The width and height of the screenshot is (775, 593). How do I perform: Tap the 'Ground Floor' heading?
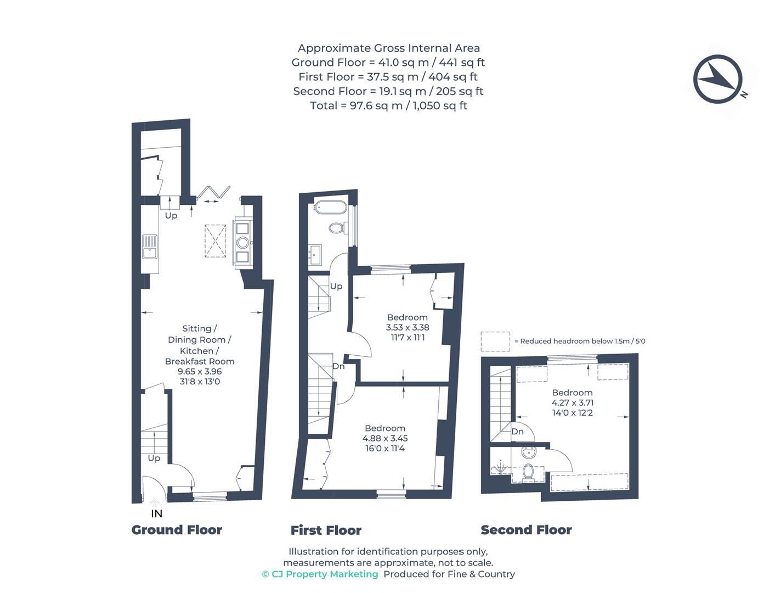point(177,530)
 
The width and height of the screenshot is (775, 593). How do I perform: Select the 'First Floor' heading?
point(326,530)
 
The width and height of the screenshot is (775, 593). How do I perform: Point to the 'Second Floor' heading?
point(526,530)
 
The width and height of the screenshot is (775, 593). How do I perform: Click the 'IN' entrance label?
point(156,514)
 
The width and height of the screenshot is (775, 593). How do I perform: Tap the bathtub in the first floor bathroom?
point(330,208)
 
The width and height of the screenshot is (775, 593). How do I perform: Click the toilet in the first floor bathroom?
point(336,227)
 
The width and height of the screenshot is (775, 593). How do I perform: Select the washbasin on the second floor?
point(529,454)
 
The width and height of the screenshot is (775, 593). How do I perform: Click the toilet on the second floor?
point(529,472)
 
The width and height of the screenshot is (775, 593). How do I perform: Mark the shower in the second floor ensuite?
point(500,468)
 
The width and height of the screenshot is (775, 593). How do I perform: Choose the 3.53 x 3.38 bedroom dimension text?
point(407,327)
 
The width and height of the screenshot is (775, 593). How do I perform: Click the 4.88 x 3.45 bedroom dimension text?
point(385,438)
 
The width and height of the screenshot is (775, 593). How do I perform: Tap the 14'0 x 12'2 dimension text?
point(572,412)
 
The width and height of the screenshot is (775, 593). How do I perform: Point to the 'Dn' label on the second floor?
point(517,432)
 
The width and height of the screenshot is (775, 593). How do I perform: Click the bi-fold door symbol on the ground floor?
point(214,193)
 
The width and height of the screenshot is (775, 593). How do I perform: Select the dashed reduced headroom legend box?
point(495,341)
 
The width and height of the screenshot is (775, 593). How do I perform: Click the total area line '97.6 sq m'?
point(388,105)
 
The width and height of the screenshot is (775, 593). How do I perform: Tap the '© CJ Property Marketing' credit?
point(320,574)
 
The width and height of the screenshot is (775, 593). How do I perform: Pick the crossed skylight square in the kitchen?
point(216,240)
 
